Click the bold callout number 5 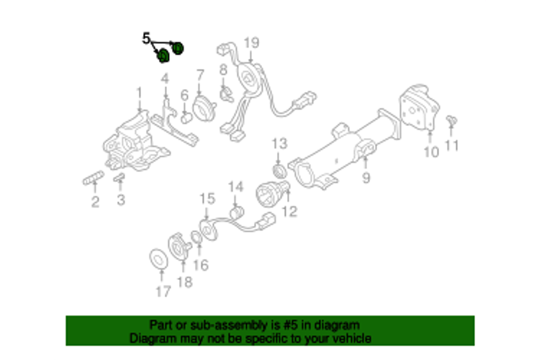click(146, 39)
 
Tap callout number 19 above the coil click(252, 43)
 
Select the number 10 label click(431, 153)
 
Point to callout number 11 click(451, 146)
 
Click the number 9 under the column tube click(366, 178)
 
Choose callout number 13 click(279, 144)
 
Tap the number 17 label click(163, 292)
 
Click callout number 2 click(95, 202)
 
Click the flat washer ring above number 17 click(158, 259)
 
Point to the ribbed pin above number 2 click(93, 178)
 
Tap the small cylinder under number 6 click(186, 118)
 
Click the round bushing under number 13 click(279, 171)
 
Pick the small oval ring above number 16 click(197, 237)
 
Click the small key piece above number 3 click(119, 178)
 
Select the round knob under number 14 click(237, 213)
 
